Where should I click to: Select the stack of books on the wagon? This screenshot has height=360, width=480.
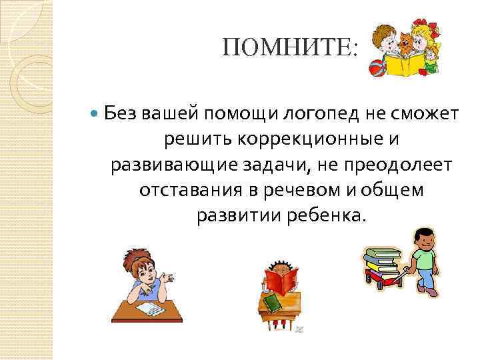point(381,260)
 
